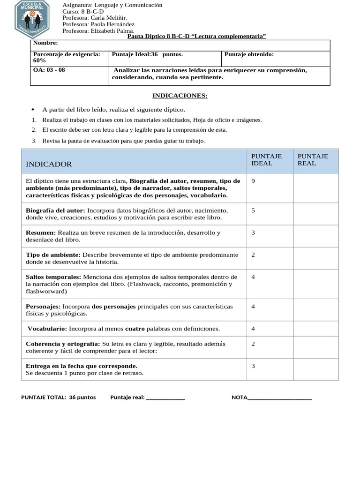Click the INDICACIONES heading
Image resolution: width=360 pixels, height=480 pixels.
tap(180, 96)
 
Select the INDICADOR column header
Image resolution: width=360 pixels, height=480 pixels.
tap(49, 164)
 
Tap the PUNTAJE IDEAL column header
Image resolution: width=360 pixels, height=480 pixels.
tap(267, 160)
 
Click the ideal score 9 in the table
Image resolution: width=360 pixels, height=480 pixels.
tap(254, 181)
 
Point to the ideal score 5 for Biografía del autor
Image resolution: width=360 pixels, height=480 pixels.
tap(254, 210)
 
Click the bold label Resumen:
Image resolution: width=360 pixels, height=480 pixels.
tap(40, 232)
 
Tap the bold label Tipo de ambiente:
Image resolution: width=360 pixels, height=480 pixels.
tap(53, 255)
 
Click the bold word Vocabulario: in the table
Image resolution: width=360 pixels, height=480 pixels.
tap(47, 329)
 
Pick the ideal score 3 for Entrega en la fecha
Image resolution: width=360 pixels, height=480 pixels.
tap(254, 366)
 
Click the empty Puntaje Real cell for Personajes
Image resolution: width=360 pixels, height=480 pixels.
tap(315, 310)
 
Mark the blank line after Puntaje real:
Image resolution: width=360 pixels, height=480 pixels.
tap(165, 397)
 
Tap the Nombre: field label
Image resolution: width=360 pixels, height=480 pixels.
tap(45, 43)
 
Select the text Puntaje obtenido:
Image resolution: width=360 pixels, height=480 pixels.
tap(249, 54)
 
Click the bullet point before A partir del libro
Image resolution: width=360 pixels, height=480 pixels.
tap(34, 110)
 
